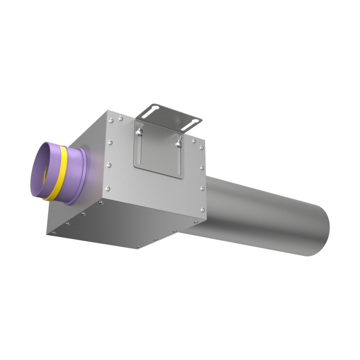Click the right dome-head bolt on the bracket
179,144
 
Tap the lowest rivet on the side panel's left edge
108,188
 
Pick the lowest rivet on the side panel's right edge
203,209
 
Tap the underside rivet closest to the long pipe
196,222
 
